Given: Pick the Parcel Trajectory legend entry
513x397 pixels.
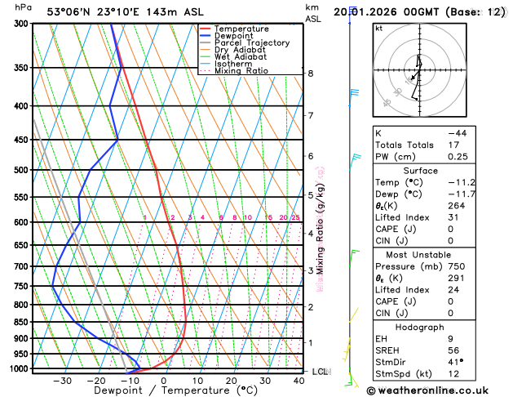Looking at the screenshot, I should pyautogui.click(x=251, y=42).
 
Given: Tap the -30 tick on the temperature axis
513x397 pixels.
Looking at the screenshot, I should pyautogui.click(x=62, y=381).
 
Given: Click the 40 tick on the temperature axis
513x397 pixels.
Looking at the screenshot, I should pyautogui.click(x=299, y=381).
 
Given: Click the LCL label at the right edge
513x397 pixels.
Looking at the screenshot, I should pyautogui.click(x=321, y=372).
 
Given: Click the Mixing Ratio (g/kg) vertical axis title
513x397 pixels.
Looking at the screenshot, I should pyautogui.click(x=321, y=230).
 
